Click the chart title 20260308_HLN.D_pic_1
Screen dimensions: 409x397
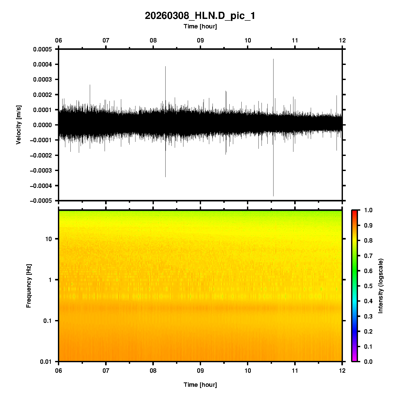pos(200,16)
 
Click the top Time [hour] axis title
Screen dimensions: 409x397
pos(200,26)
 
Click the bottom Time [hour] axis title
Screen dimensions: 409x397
pos(200,385)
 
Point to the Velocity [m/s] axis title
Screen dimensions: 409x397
pos(18,125)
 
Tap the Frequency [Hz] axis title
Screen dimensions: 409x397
pos(29,286)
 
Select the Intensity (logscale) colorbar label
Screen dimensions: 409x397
pos(380,286)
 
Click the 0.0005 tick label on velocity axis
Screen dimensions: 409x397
pos(42,49)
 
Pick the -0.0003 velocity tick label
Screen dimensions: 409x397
pos(41,171)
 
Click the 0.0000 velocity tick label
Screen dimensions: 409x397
pos(42,125)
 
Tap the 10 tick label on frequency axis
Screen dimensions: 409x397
pos(48,239)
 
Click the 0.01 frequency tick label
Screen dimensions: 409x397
pos(46,362)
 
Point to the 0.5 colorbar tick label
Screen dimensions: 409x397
pos(368,286)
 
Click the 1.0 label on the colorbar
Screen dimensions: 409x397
pos(368,210)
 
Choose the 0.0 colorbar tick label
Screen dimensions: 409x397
pos(368,362)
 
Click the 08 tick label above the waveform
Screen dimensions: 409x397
pos(153,40)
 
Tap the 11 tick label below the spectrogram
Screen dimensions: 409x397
pos(295,371)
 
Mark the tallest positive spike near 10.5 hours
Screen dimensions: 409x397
pos(273,60)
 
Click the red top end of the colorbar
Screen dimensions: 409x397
pos(354,212)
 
